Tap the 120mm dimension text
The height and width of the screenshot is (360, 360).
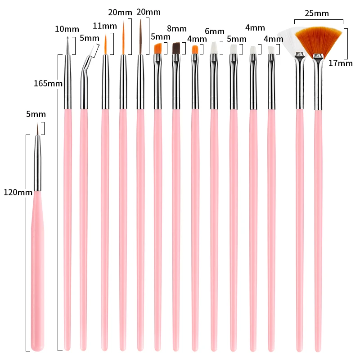pyautogui.click(x=18, y=192)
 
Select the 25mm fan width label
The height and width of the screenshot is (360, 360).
pyautogui.click(x=316, y=13)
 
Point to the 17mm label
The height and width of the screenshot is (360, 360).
pyautogui.click(x=340, y=63)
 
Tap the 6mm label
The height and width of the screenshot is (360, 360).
pyautogui.click(x=214, y=31)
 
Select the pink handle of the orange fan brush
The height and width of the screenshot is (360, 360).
pyautogui.click(x=319, y=225)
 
